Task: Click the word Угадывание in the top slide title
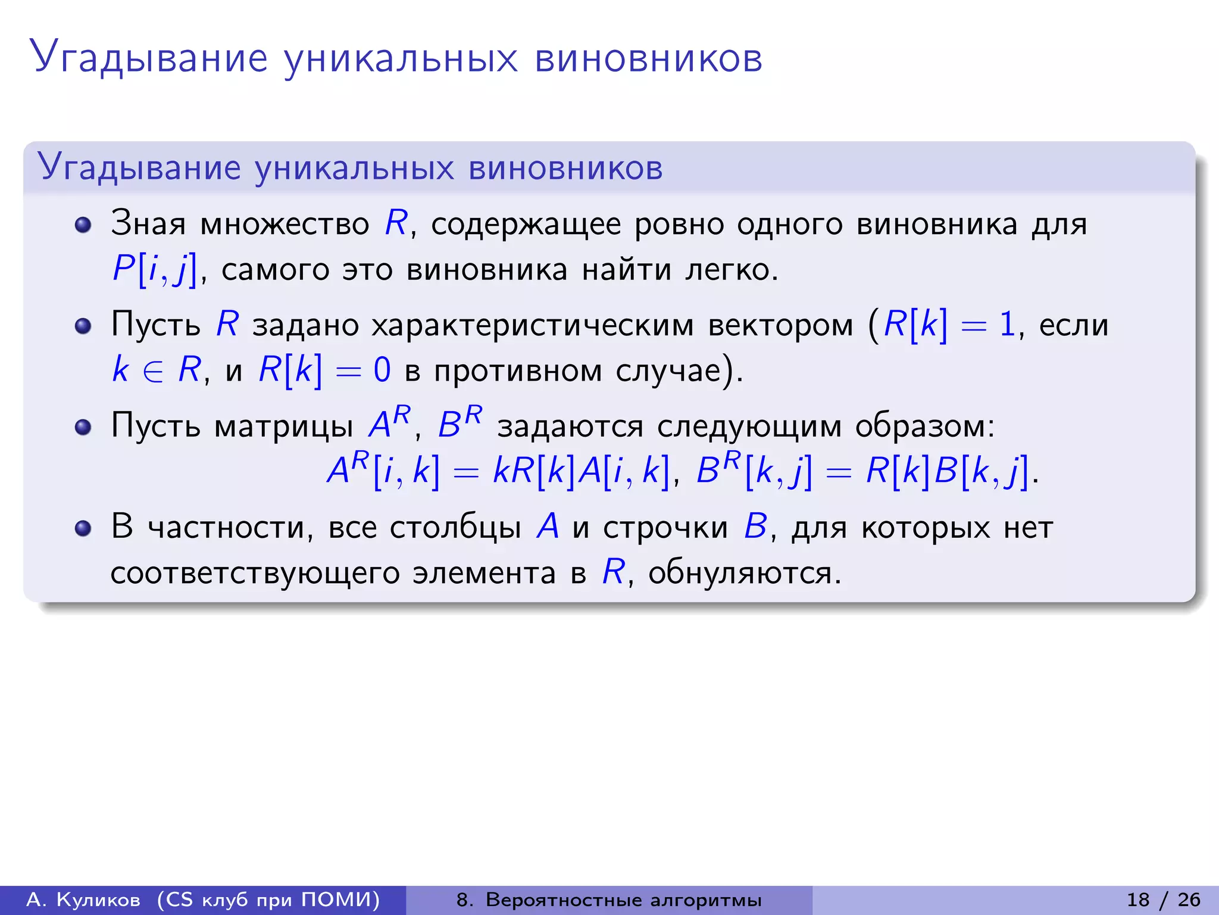149,58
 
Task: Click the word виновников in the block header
565,168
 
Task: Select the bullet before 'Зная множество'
83,225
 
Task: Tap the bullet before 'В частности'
83,528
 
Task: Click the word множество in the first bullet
285,225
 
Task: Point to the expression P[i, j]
154,270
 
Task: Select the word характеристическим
533,325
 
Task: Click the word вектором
780,325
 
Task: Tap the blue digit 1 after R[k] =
1007,325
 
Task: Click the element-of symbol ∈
153,371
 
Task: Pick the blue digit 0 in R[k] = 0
382,370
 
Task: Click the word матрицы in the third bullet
283,427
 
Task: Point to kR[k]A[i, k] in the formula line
581,471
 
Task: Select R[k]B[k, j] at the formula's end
946,471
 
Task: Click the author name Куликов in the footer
98,900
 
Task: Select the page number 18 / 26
1163,900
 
